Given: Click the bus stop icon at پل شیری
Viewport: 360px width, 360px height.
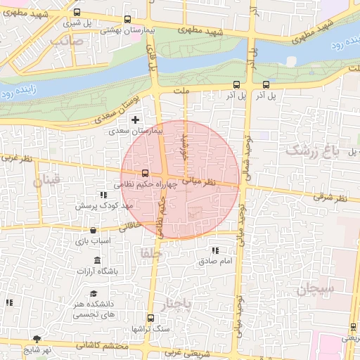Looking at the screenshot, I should coord(77,13).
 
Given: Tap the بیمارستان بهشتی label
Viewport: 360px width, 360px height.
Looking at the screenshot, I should coord(122,30).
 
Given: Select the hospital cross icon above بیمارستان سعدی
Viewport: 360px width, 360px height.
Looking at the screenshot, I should coord(135,120).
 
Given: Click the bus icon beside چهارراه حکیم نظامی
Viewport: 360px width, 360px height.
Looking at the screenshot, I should coord(146,173).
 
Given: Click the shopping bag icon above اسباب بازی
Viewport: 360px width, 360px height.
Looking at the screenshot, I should coord(93,230).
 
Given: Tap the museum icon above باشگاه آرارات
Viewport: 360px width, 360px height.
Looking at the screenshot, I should coord(96,260).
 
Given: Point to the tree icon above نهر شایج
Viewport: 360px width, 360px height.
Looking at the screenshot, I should coord(37,339).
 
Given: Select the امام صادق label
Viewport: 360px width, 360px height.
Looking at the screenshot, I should coord(215,262).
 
